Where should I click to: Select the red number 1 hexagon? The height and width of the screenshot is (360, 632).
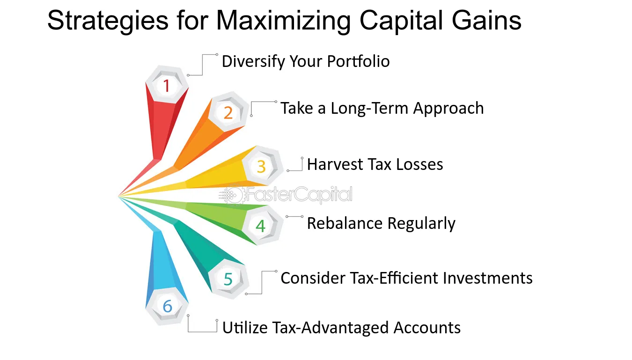166,86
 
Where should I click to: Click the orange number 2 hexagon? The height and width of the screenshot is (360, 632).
228,113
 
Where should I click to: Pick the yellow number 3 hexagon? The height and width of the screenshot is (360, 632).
261,166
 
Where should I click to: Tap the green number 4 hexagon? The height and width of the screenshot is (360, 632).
261,226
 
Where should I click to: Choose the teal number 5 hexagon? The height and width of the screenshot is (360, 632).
228,279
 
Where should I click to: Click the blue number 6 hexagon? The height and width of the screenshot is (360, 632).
167,307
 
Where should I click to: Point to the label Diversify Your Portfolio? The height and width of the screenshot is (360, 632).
305,61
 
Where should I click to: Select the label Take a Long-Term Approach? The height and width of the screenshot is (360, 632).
382,108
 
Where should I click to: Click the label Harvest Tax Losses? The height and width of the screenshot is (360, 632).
375,164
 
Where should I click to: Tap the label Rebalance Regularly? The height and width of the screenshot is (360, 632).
381,223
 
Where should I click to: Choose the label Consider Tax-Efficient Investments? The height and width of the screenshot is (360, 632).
406,278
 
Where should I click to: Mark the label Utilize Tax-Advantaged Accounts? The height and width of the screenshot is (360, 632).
341,327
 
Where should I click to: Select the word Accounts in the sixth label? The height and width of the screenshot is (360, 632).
427,327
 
